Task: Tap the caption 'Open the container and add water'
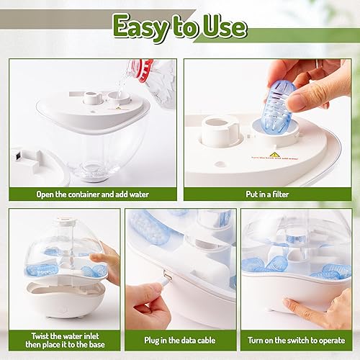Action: tap(92, 194)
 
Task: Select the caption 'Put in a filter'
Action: tap(266, 194)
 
